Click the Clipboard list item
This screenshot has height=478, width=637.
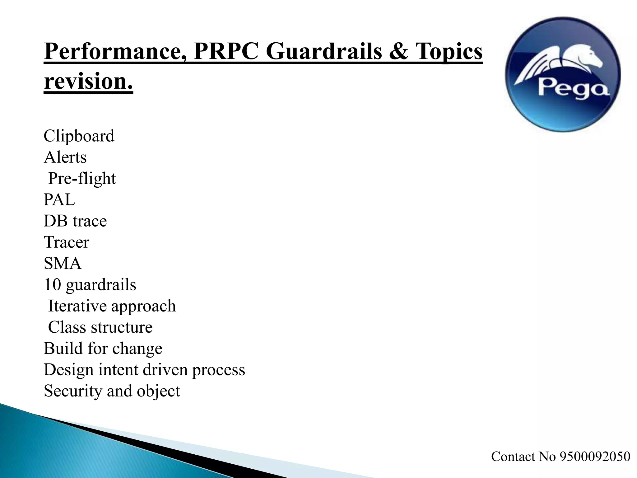[79, 136]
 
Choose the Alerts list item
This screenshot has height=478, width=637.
[65, 157]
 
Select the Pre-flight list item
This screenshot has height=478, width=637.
[82, 179]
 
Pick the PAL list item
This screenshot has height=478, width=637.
[59, 200]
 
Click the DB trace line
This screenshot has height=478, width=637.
[75, 221]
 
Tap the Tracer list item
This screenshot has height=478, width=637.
[67, 242]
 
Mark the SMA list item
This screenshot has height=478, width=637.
[63, 263]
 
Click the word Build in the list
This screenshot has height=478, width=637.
[63, 348]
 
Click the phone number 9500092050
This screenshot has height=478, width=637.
[595, 457]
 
